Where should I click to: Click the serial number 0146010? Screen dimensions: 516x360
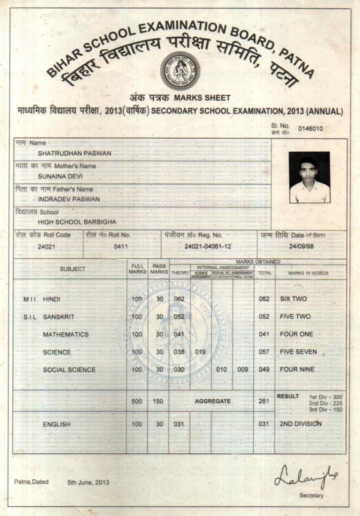pos(310,128)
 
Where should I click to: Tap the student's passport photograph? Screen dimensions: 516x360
pos(309,177)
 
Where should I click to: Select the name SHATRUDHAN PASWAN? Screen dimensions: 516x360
pos(74,153)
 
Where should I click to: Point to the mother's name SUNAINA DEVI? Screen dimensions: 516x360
pos(60,176)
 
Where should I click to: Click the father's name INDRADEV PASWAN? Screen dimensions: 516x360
pos(69,199)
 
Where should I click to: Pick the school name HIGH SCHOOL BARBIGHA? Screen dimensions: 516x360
pos(77,222)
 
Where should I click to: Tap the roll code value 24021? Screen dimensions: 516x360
pos(46,247)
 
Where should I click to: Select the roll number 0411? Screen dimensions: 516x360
pos(121,247)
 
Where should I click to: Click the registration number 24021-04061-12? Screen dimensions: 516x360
pos(208,247)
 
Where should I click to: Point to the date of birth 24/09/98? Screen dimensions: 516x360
pos(301,247)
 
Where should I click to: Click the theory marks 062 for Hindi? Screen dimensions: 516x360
pos(179,299)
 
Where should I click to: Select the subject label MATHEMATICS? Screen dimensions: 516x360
pos(66,335)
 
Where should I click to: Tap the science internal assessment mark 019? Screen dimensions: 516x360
pos(200,352)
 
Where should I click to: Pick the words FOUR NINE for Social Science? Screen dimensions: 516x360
pos(297,369)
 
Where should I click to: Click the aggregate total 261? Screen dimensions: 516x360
pos(264,401)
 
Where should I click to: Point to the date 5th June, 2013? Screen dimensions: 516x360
pos(88,482)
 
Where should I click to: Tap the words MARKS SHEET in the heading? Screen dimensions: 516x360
pos(202,98)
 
